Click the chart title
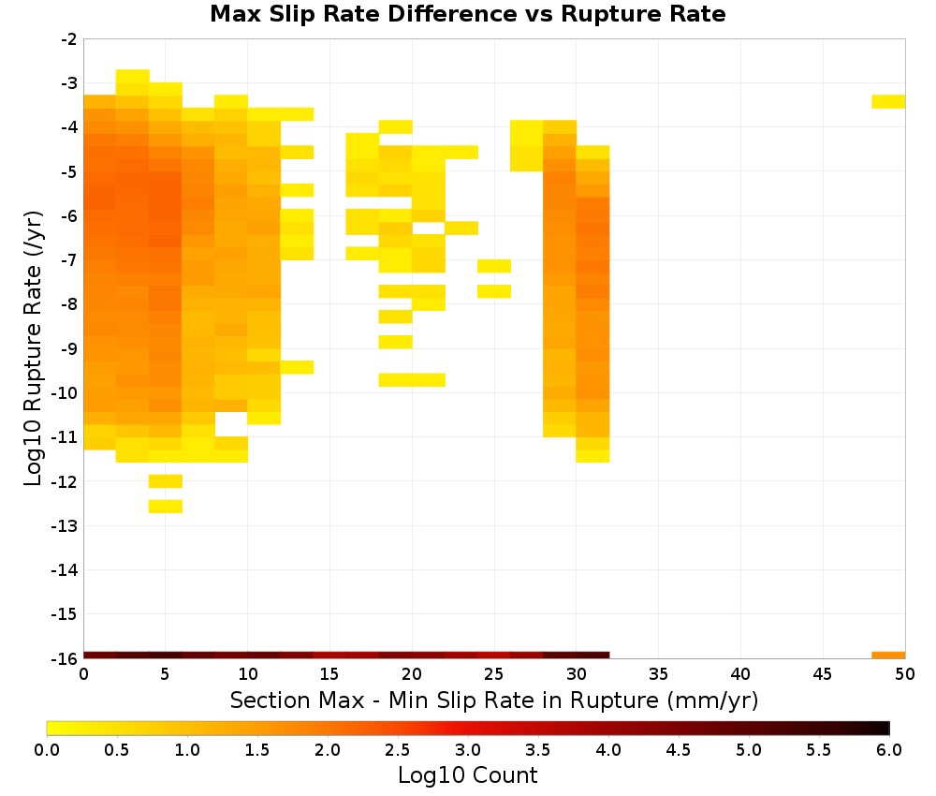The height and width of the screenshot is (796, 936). (467, 14)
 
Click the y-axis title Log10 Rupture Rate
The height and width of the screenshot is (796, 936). (33, 348)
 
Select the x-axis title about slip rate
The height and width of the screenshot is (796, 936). (494, 700)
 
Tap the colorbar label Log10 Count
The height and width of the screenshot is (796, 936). (467, 775)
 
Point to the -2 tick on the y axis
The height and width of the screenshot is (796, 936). (68, 39)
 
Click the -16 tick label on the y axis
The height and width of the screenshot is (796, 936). (65, 658)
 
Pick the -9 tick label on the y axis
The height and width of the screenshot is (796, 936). (68, 348)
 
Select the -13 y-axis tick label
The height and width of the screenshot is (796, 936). (65, 526)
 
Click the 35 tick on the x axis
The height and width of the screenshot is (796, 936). (658, 674)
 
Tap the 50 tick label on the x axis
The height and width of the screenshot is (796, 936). (905, 674)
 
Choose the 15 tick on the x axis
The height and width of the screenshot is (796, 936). (329, 674)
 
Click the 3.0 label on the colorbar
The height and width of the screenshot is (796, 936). (468, 750)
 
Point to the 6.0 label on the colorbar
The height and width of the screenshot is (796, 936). (889, 750)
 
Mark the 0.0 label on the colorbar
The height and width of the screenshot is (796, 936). (47, 750)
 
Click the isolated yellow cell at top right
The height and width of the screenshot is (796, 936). (888, 101)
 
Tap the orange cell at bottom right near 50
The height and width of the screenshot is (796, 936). (888, 656)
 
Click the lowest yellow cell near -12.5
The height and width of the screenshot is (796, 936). (166, 507)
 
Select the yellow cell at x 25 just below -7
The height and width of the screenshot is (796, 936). (494, 266)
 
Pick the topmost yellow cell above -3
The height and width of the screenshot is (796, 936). (133, 77)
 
